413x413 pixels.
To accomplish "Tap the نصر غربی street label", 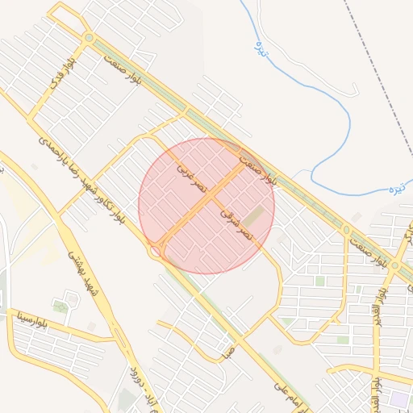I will coord(193,180).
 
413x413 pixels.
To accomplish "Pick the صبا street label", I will coord(229,351).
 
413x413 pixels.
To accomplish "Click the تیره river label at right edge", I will coord(395,190).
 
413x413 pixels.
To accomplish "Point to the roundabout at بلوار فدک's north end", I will coord(89,38).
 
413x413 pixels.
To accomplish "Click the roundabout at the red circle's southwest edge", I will coord(153,252).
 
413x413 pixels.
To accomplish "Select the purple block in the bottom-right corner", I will coord(398,398).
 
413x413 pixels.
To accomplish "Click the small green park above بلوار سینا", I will coord(60,307).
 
